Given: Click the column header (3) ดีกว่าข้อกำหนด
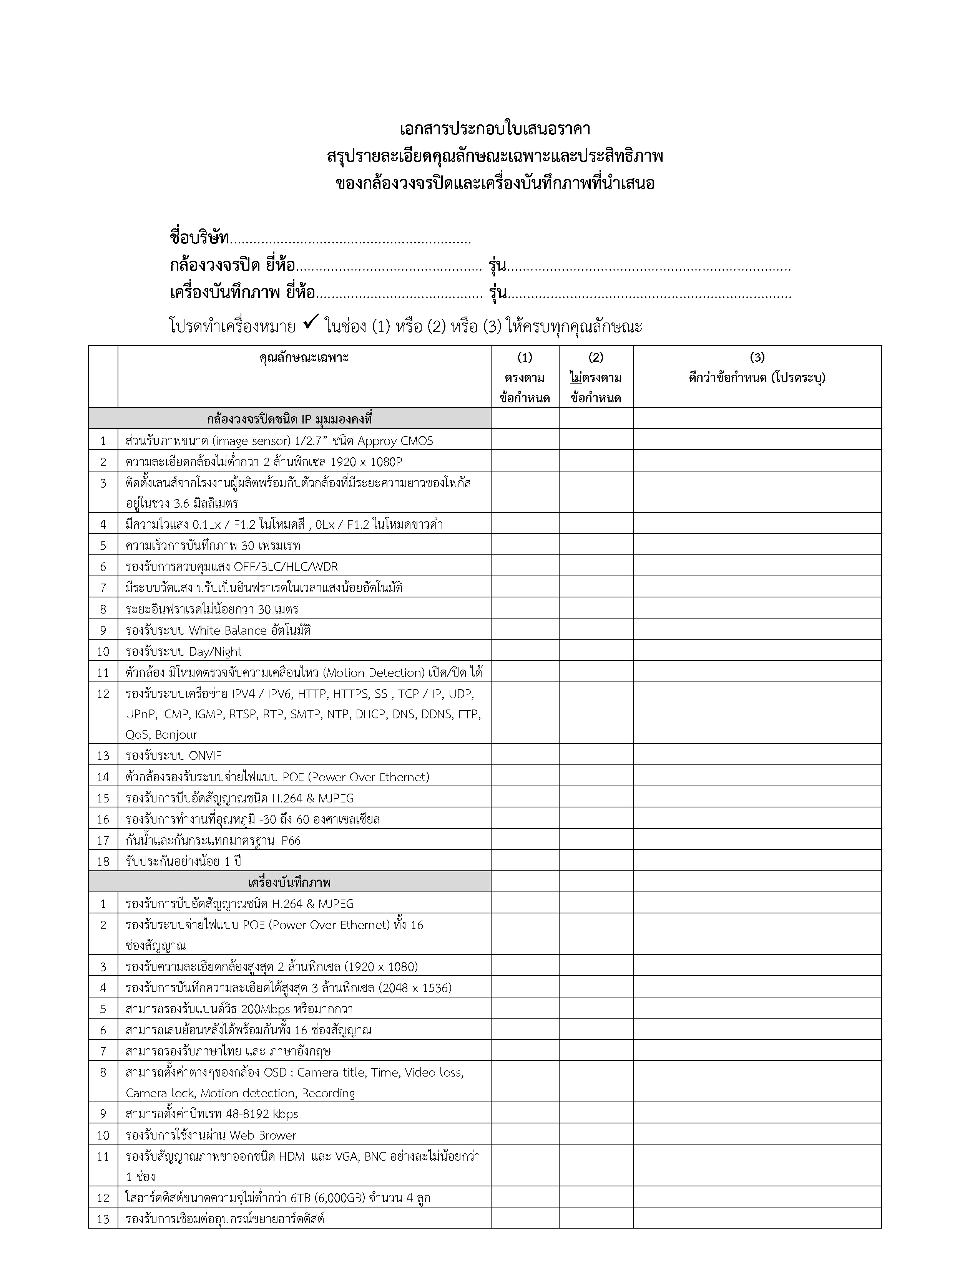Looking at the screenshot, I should click(x=756, y=377).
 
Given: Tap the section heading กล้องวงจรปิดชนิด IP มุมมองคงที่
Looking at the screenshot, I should click(x=289, y=418).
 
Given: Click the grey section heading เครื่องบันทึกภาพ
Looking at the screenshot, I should click(x=289, y=882).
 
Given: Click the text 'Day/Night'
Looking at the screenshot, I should click(x=215, y=652).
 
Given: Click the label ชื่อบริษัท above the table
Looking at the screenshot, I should click(x=199, y=238).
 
